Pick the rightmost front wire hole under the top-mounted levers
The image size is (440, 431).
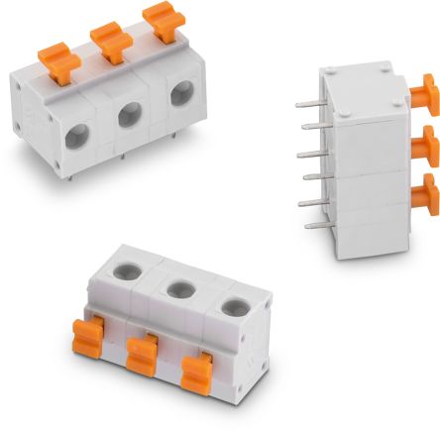pyautogui.click(x=181, y=95)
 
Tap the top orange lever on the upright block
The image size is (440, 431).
pyautogui.click(x=425, y=95)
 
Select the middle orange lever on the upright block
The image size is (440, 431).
pyautogui.click(x=425, y=144)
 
